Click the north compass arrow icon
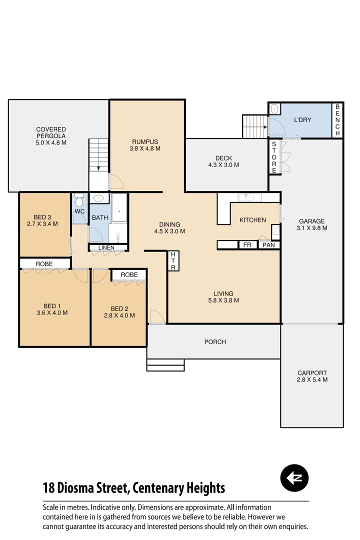click(294, 478)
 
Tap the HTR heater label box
click(173, 261)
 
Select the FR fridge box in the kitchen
click(247, 245)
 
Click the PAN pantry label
click(268, 245)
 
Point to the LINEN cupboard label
click(106, 247)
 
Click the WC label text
click(79, 211)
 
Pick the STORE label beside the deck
click(274, 157)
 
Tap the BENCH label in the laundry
click(337, 120)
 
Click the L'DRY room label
click(302, 120)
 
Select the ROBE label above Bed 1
click(44, 263)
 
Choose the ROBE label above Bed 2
click(129, 274)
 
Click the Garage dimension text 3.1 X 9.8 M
click(311, 228)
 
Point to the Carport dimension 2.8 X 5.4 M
click(312, 380)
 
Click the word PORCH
click(215, 342)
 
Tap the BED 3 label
click(42, 217)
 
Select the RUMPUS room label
click(145, 141)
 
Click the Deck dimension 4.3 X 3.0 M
click(223, 165)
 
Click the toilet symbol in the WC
click(79, 201)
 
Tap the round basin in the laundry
click(274, 108)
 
